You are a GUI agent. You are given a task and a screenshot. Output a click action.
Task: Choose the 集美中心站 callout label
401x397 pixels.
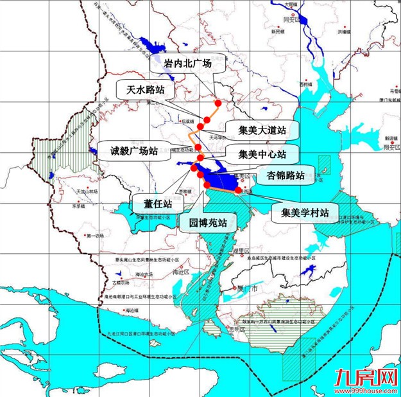260,154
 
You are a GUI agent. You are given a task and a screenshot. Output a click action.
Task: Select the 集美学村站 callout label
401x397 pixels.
300,211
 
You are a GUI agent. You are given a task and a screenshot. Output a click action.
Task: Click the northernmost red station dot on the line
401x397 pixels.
218,103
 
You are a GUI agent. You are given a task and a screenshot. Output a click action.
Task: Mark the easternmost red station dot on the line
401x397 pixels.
239,190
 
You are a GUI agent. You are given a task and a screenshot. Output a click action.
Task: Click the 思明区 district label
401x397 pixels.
239,329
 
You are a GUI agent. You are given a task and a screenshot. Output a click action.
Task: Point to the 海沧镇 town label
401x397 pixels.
132,311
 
